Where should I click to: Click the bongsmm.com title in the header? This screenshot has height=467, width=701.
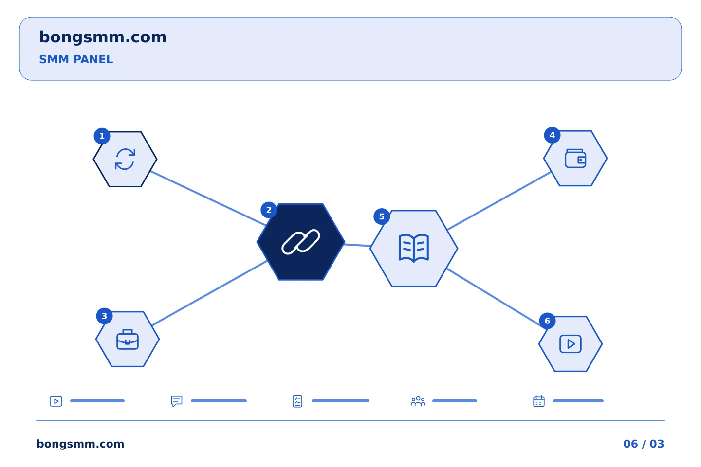point(103,37)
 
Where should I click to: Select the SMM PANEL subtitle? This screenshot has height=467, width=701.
point(76,59)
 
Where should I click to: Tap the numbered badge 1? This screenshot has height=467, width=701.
point(102,136)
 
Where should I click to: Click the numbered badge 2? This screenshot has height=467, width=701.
point(269,210)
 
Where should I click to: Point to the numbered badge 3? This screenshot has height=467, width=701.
point(104,316)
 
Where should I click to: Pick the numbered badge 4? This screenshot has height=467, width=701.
point(552,135)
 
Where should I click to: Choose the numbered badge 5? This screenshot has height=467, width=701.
point(382,216)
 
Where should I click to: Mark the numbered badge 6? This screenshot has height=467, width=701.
point(547,321)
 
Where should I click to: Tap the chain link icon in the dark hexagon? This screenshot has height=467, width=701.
point(300,242)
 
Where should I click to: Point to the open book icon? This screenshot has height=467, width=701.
point(413,247)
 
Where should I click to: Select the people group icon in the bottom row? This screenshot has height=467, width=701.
point(418,402)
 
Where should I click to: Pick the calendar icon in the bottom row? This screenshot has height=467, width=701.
point(538,402)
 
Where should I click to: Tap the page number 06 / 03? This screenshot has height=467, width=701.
point(644,444)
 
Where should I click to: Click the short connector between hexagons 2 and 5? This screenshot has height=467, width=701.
point(357,245)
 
